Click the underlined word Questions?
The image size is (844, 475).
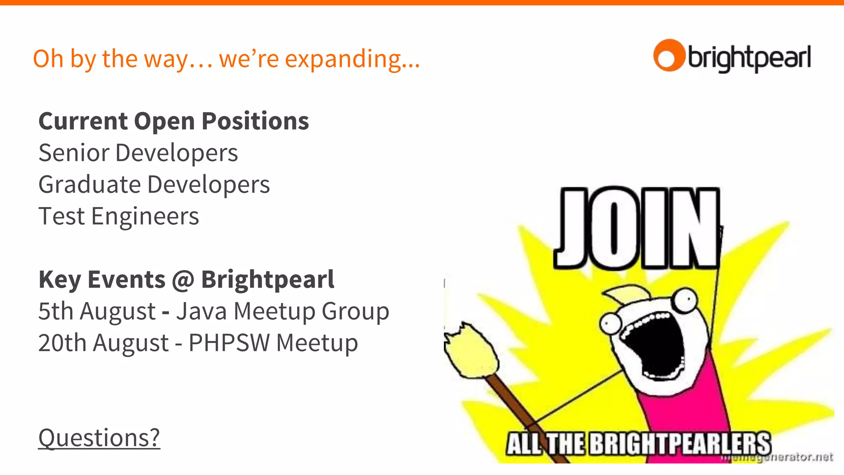(99, 437)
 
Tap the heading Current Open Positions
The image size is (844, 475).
(173, 121)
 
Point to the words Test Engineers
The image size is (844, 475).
(119, 216)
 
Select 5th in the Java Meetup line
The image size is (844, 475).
(55, 311)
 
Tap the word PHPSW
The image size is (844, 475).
(229, 343)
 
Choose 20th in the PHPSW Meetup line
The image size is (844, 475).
(62, 343)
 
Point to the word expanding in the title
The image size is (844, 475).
(352, 59)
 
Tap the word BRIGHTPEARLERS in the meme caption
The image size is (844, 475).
(680, 444)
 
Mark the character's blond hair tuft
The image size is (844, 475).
(626, 293)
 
